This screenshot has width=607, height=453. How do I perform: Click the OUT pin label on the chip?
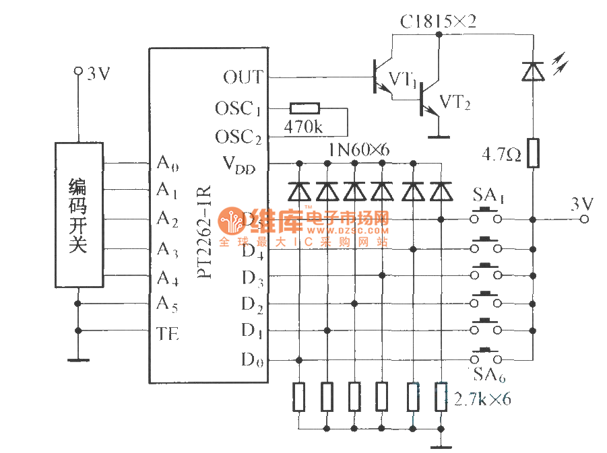(243, 77)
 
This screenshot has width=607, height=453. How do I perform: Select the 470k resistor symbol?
(305, 108)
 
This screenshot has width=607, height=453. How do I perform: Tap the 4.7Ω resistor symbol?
(533, 153)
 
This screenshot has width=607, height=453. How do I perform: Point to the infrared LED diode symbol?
(533, 70)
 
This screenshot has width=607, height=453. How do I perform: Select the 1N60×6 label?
(359, 149)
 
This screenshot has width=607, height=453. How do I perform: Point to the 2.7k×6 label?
(482, 399)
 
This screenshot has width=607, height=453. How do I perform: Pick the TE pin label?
(168, 333)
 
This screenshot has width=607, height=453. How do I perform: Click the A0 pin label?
(168, 163)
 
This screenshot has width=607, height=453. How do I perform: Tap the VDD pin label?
(239, 164)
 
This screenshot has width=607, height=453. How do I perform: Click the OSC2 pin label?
(238, 137)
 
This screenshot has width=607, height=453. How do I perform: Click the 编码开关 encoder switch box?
(78, 215)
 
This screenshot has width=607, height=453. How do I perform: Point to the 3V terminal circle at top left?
(78, 70)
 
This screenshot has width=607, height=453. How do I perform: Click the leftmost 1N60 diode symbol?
(298, 192)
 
